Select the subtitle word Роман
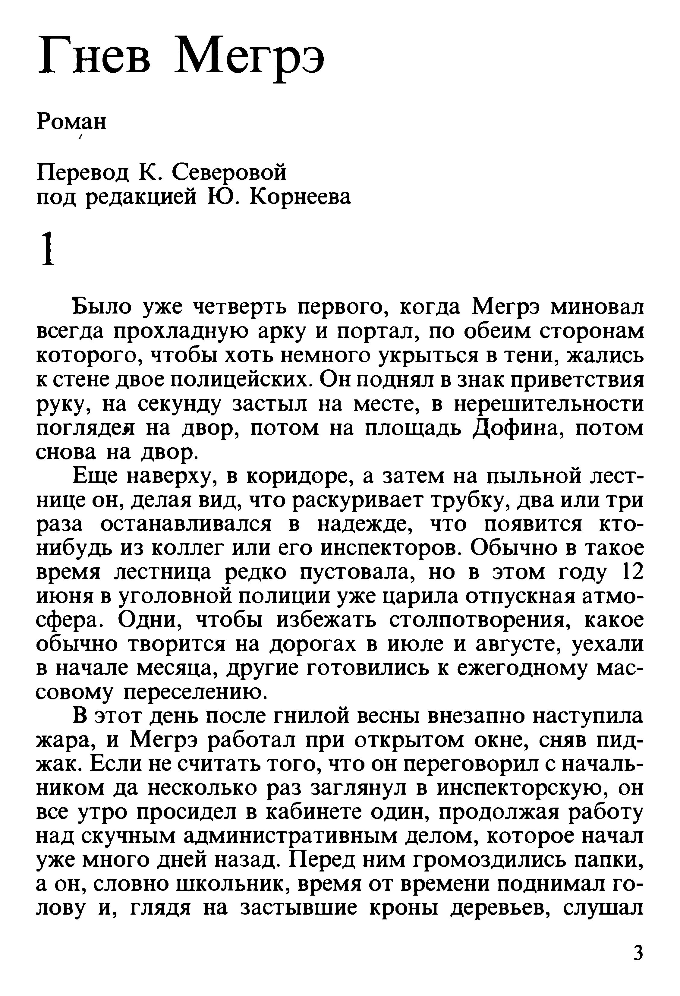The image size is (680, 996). tap(71, 122)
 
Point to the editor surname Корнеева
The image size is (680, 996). tap(300, 197)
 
